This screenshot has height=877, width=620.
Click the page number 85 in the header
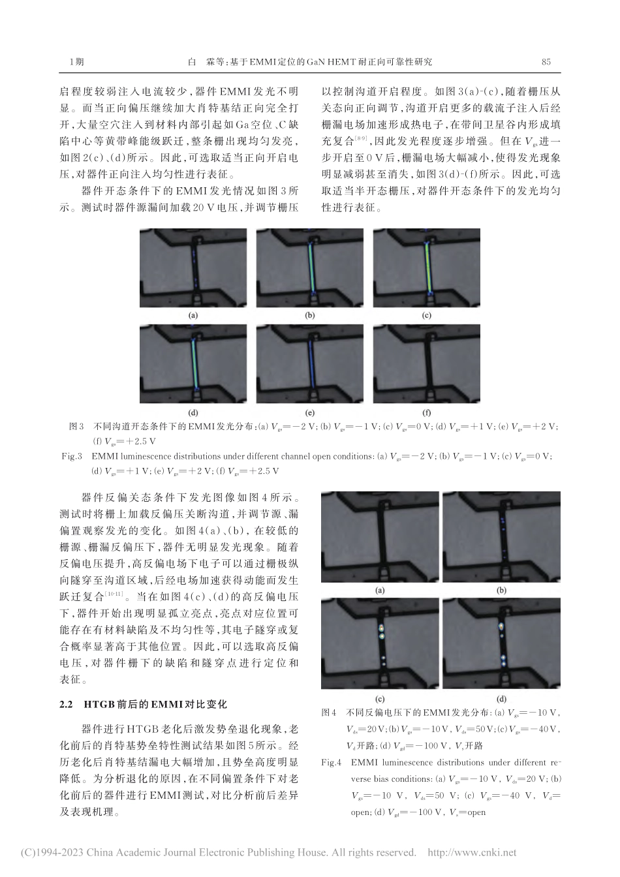tap(546, 62)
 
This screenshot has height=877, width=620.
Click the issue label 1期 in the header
tap(76, 62)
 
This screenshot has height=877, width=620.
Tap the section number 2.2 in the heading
tap(65, 705)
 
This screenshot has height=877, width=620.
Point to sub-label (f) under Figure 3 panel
tap(427, 412)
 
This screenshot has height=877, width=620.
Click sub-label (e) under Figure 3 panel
tap(309, 412)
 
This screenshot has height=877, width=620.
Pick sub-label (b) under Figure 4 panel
tap(502, 591)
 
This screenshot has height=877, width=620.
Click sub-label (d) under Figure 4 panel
tap(502, 698)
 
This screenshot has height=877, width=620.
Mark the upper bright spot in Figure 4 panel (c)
tap(380, 629)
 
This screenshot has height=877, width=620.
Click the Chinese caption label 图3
tap(76, 427)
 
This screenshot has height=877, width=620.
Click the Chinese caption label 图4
tap(329, 713)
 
